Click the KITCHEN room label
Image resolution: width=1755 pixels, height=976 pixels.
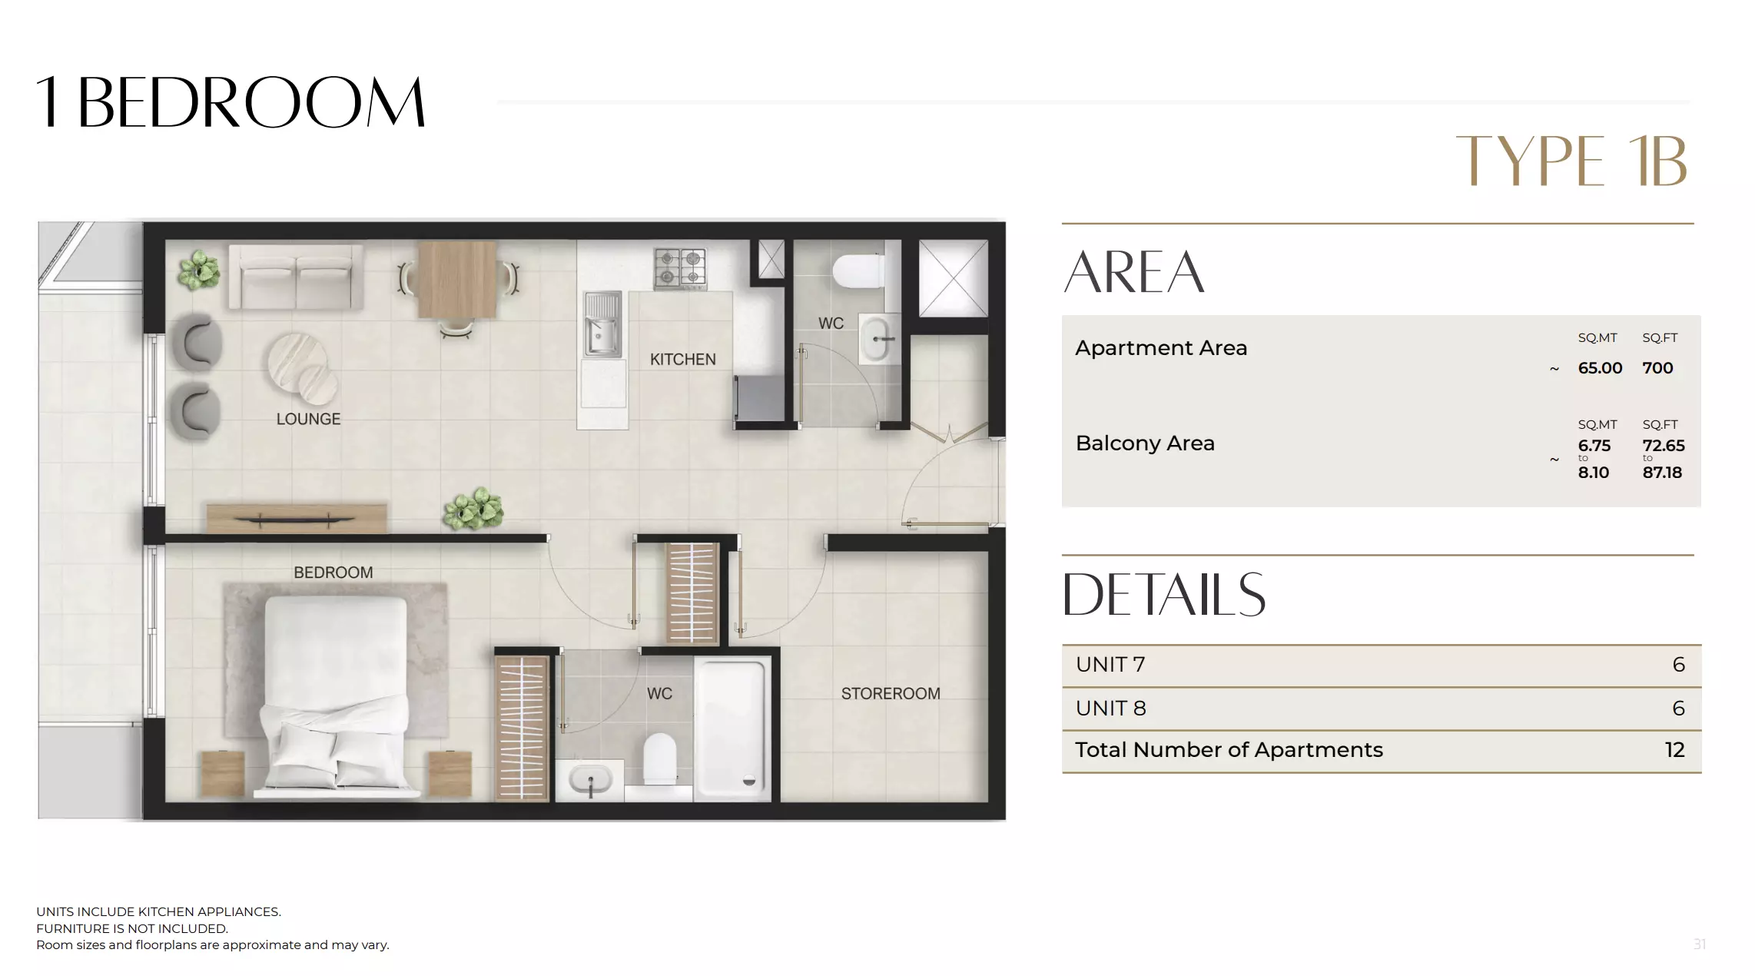click(682, 359)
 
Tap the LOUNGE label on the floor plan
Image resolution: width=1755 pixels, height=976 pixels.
click(308, 419)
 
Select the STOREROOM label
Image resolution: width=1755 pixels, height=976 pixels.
click(890, 693)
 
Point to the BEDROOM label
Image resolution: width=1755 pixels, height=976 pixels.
click(333, 573)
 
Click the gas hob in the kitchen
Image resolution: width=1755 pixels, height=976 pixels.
click(680, 268)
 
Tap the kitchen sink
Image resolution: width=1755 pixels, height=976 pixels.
click(602, 325)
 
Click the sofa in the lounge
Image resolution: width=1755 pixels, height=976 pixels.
click(296, 277)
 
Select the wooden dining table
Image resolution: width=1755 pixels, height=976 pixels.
click(457, 279)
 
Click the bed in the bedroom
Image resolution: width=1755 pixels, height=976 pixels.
click(336, 692)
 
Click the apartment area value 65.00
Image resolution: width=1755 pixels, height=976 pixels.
click(1600, 368)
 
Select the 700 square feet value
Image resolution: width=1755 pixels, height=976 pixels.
click(1657, 368)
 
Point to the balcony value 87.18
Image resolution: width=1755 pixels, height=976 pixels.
click(1662, 473)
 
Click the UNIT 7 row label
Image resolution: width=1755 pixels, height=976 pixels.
click(1110, 665)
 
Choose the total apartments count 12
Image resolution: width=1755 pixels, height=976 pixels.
click(1674, 750)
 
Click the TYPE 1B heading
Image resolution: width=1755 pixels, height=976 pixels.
click(1571, 161)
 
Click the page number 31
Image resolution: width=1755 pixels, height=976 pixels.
click(1699, 944)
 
